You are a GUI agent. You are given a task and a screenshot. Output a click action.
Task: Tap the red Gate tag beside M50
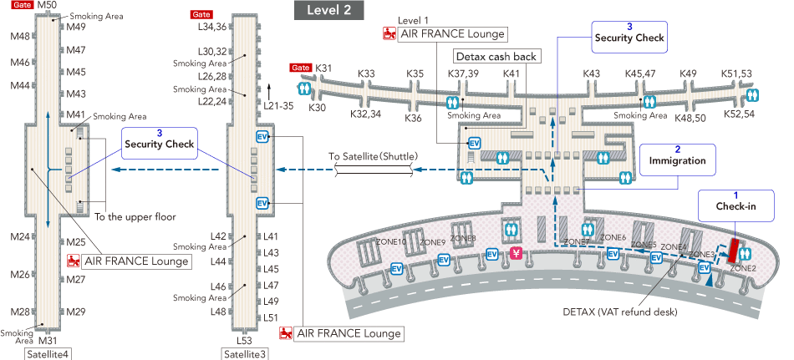22,6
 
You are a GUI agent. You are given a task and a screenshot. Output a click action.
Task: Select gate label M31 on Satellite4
47,340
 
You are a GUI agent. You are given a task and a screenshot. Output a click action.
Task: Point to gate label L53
243,340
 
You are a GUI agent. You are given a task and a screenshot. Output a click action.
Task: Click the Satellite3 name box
244,354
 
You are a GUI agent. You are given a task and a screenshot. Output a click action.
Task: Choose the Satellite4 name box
48,354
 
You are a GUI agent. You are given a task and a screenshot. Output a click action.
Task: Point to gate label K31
325,68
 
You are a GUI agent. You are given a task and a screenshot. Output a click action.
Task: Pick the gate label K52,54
739,114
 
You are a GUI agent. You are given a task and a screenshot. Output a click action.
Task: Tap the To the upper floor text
135,217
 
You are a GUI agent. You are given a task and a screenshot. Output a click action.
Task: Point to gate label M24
20,236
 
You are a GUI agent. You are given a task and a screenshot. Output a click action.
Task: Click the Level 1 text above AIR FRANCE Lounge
413,18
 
